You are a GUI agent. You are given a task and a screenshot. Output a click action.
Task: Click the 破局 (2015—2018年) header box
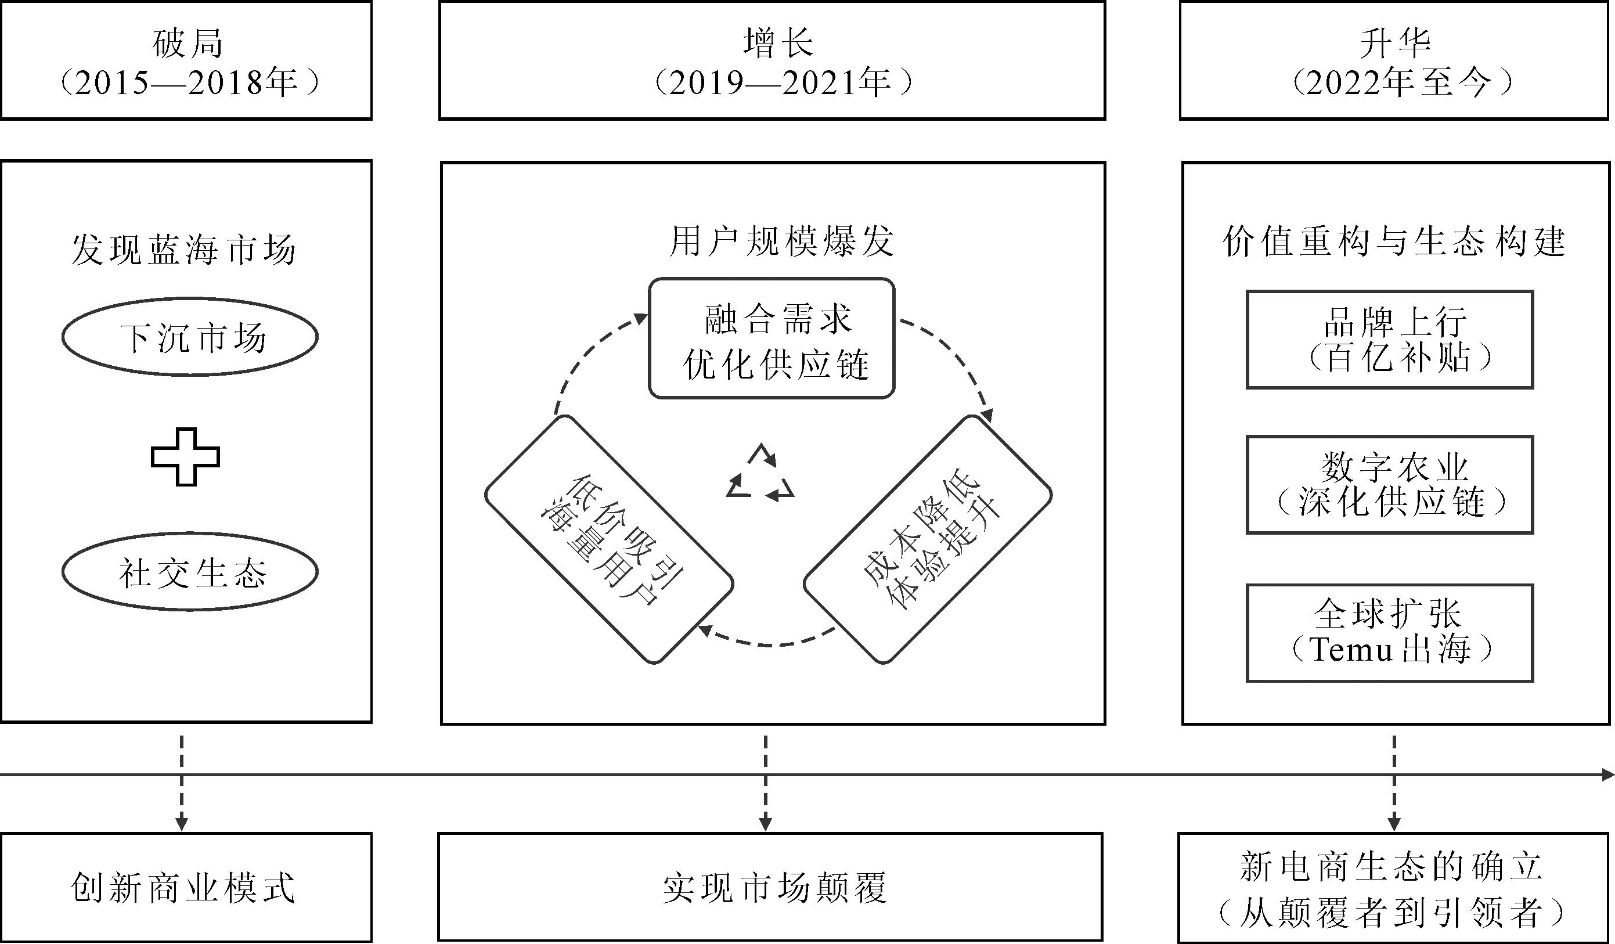click(186, 60)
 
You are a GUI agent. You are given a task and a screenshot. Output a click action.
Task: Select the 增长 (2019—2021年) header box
click(772, 60)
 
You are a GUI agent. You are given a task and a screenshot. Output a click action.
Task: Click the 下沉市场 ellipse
click(190, 337)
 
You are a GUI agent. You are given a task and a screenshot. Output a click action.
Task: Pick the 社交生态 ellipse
click(190, 571)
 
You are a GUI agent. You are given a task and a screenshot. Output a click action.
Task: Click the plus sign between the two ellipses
click(185, 456)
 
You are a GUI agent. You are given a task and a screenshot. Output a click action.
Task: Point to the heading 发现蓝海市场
click(184, 249)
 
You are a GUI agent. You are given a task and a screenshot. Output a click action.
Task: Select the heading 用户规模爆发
click(781, 242)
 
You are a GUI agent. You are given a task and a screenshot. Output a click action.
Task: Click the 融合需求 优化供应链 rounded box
click(772, 338)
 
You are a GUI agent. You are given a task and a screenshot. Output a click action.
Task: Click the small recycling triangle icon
click(760, 474)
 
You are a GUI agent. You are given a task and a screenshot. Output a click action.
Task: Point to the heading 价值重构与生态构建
click(1394, 242)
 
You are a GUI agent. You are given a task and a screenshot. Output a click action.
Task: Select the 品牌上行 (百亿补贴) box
click(1389, 340)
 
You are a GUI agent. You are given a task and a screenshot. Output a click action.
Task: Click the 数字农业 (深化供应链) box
click(1389, 485)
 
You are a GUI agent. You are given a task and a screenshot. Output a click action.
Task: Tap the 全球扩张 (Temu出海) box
click(1389, 633)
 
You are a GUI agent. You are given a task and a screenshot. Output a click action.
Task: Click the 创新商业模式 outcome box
click(186, 887)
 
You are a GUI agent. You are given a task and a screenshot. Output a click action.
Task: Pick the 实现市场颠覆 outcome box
click(770, 887)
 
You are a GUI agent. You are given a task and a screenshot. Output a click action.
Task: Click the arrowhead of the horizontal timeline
click(1607, 775)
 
